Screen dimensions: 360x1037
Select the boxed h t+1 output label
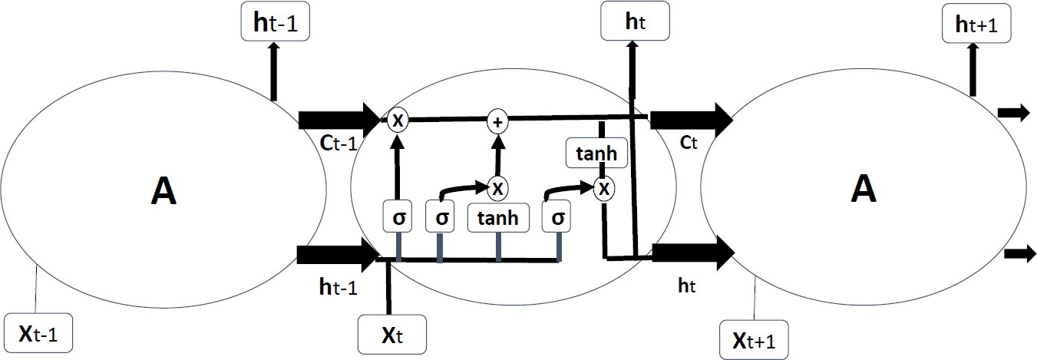point(976,25)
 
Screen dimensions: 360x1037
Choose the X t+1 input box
point(755,339)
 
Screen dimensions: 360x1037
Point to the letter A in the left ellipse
point(163,191)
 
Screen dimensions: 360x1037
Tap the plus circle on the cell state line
point(497,121)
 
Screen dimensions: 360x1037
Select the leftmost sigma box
point(398,218)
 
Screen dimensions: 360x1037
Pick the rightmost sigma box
point(558,218)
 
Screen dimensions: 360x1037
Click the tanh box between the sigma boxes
point(498,218)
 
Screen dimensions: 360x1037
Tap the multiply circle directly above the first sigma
point(397,121)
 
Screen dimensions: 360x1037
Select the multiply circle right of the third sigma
point(605,187)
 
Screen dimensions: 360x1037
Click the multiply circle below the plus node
point(497,187)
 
